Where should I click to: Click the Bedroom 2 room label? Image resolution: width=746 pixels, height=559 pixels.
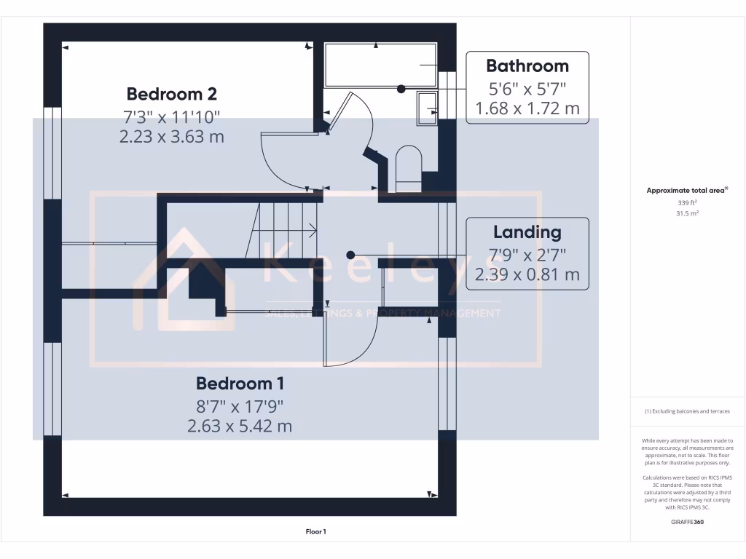[x=171, y=94]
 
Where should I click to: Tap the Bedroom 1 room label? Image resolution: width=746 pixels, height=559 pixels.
[x=240, y=383]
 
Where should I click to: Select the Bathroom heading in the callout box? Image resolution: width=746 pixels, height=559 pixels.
[x=527, y=66]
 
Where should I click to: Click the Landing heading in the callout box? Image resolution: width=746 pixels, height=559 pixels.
[x=527, y=232]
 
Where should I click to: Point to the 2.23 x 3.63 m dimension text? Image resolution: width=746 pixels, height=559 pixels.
[x=171, y=136]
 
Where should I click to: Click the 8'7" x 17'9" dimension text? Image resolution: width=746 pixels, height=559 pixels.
[x=240, y=405]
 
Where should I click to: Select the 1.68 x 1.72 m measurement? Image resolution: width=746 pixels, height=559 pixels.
[x=527, y=108]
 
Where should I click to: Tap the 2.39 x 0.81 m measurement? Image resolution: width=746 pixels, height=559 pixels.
[x=527, y=274]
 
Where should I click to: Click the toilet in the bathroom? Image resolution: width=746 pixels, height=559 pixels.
[x=407, y=166]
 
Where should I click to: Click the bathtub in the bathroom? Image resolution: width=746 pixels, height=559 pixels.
[x=380, y=65]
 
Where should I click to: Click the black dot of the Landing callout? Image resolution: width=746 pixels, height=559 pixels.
[x=350, y=255]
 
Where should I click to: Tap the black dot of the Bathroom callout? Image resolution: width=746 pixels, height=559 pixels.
[x=401, y=89]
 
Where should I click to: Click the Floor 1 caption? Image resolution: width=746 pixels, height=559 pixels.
[x=315, y=532]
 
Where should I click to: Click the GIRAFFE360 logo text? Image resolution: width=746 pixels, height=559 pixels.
[x=687, y=521]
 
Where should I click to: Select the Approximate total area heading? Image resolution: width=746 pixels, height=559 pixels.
[x=687, y=190]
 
